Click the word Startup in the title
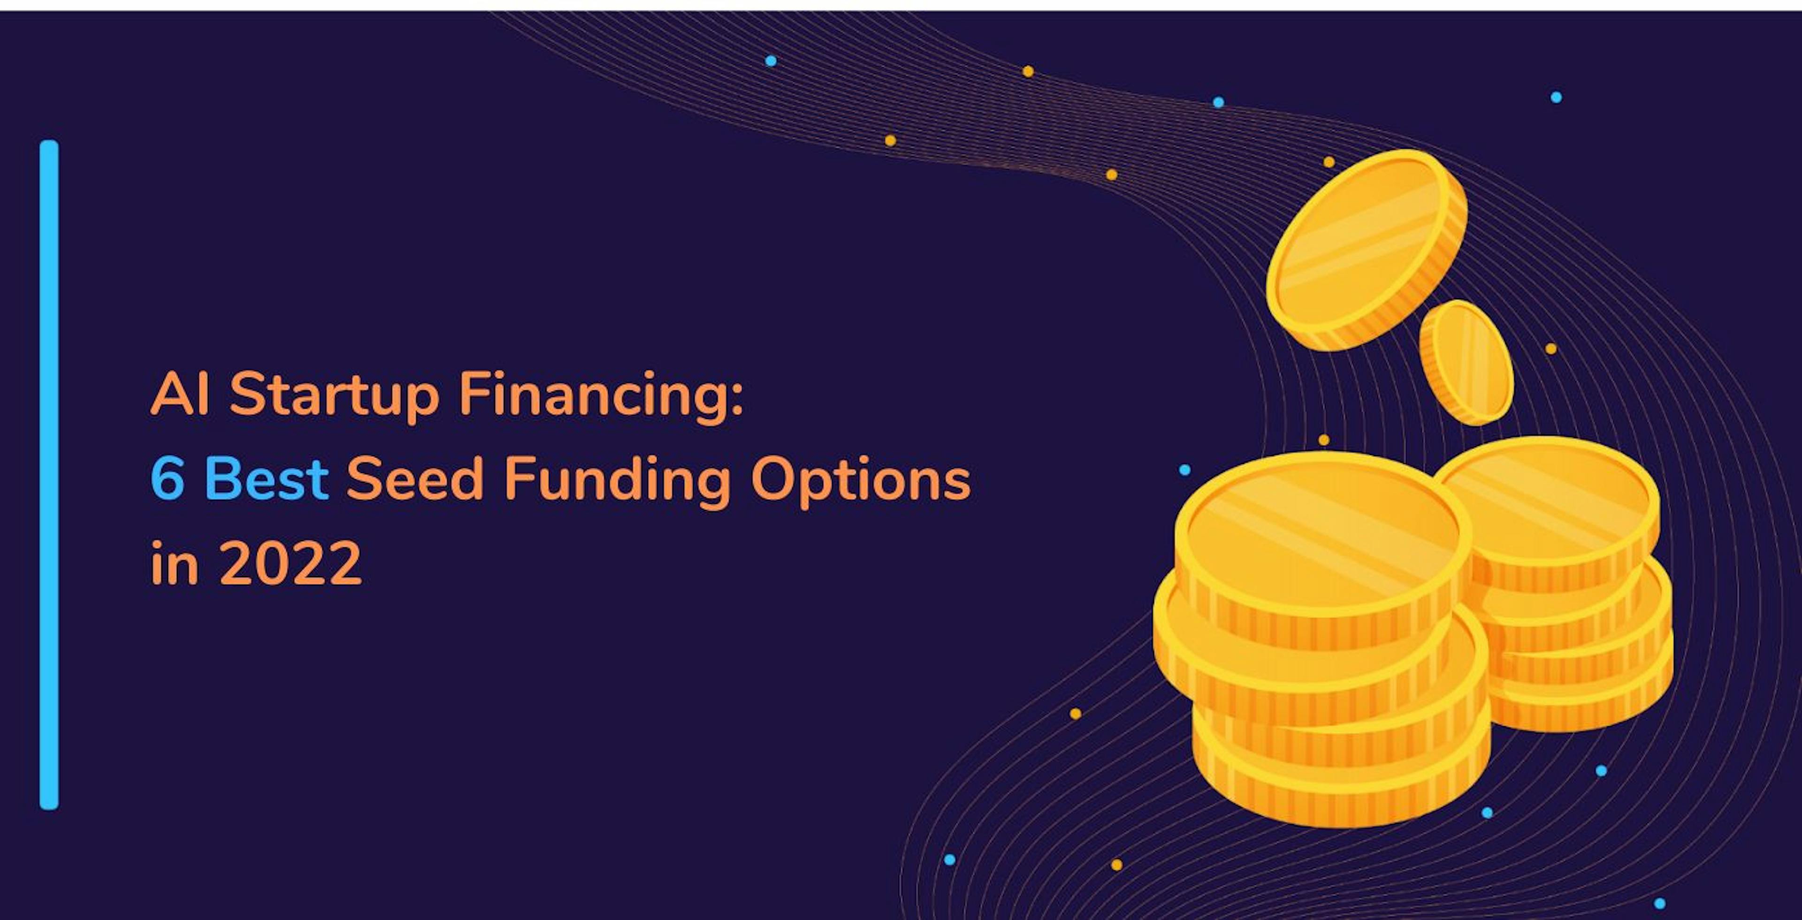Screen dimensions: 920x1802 (x=335, y=395)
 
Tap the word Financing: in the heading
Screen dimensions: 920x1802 (x=601, y=395)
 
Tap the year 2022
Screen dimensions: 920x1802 (x=291, y=563)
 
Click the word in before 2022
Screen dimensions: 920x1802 (x=175, y=563)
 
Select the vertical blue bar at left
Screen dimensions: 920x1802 (x=49, y=475)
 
